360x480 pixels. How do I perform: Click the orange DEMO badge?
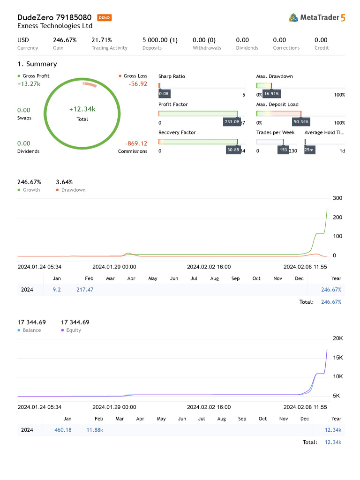click(x=105, y=18)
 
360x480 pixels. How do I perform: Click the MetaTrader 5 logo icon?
click(x=293, y=18)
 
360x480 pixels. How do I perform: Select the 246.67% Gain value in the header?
click(x=65, y=40)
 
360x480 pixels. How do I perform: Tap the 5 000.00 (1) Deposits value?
click(x=160, y=40)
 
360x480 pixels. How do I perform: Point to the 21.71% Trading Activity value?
click(x=102, y=40)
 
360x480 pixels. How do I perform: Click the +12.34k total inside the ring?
click(x=82, y=109)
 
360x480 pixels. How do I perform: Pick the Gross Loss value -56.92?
click(x=138, y=84)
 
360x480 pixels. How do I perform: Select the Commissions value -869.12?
click(x=136, y=143)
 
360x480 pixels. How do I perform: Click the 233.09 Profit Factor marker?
click(x=232, y=122)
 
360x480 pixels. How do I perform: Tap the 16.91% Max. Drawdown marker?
click(x=271, y=94)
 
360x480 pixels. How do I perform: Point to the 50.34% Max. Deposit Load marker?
click(x=301, y=122)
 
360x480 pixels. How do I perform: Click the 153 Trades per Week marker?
click(x=283, y=150)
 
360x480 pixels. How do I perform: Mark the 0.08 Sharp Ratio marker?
click(x=164, y=94)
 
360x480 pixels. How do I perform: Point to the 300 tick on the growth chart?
click(x=337, y=198)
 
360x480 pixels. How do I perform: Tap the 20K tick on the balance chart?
click(x=337, y=338)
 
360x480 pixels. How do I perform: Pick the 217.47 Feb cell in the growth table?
click(x=85, y=290)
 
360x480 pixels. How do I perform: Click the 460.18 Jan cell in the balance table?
click(x=63, y=430)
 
